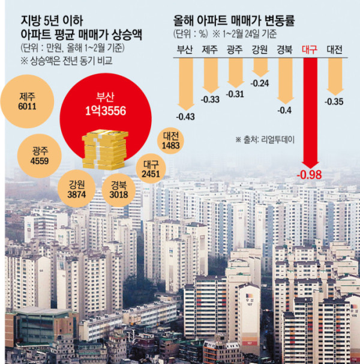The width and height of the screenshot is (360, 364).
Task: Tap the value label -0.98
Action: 310,174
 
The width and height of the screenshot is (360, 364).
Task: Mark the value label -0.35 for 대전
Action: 334,102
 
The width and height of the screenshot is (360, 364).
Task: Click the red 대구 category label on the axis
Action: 310,50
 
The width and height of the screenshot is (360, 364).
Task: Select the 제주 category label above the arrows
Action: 210,50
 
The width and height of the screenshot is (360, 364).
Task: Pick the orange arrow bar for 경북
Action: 285,78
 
